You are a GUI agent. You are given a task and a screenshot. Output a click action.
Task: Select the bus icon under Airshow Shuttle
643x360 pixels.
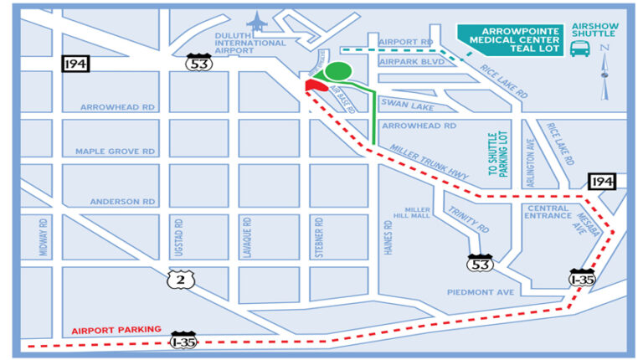point(578,49)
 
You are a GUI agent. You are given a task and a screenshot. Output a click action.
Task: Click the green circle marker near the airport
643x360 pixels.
point(338,73)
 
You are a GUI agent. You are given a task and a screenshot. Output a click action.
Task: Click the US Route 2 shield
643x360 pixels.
point(177,279)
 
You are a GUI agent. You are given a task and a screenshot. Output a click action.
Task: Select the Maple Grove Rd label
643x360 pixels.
point(116,152)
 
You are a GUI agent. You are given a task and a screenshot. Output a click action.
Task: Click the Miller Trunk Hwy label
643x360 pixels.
point(426,160)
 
